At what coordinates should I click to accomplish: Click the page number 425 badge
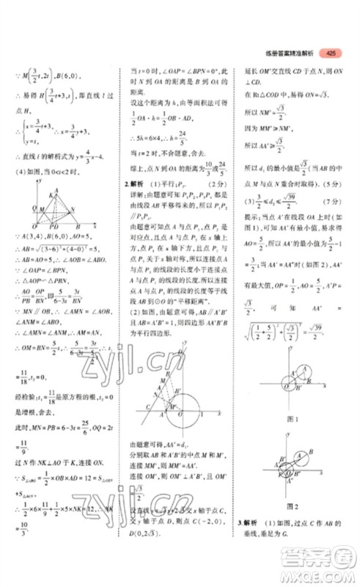pos(332,52)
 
